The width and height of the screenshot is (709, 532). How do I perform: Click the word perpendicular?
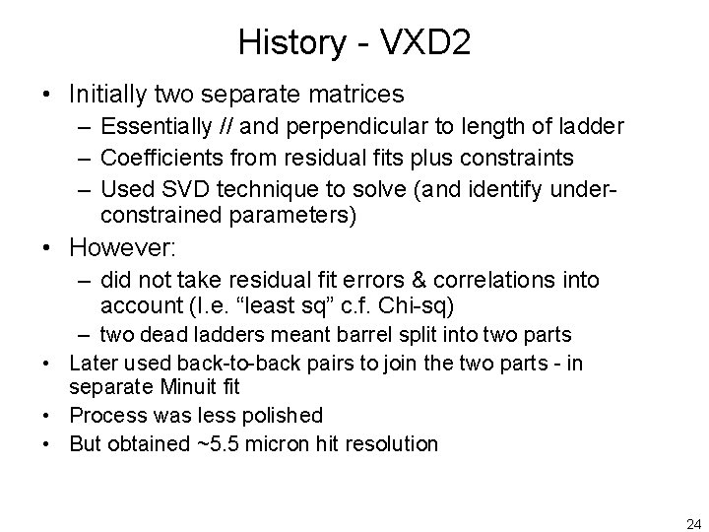click(342, 126)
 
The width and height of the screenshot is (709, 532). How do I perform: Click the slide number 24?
click(692, 521)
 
